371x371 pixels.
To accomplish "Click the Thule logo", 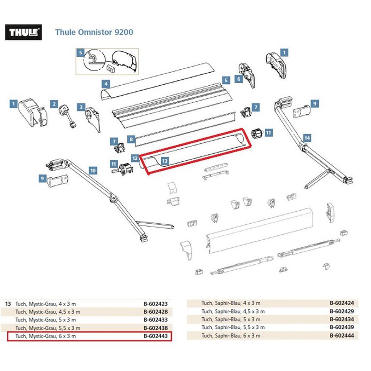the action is (x=23, y=32).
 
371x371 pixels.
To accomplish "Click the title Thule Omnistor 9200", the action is (x=94, y=32).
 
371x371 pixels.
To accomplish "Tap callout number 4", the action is (x=106, y=84).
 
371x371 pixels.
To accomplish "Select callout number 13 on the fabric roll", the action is (x=165, y=161).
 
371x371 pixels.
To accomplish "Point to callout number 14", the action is (x=307, y=138).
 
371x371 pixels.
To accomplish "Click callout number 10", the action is (x=93, y=170).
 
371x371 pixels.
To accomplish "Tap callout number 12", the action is (x=135, y=158).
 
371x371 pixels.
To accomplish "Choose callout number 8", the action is (x=131, y=139).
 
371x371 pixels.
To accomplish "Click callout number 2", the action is (x=54, y=104).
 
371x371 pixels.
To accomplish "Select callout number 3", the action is (x=81, y=107).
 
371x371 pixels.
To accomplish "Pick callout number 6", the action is (x=238, y=79).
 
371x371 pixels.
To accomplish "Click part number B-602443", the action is (x=155, y=336).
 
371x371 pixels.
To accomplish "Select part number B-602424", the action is (x=341, y=303).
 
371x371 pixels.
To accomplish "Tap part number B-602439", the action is (x=341, y=327).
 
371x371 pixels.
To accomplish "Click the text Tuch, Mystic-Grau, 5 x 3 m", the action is (x=46, y=320).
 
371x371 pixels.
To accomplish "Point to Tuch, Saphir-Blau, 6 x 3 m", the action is (x=231, y=336).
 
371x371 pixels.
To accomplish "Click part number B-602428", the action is (x=155, y=312).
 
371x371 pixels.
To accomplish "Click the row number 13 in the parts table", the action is (x=8, y=304).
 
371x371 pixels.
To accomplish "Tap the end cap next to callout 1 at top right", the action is (x=276, y=65).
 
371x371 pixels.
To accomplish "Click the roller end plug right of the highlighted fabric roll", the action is (x=257, y=134).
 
